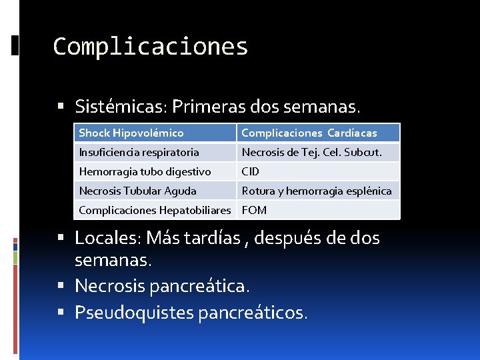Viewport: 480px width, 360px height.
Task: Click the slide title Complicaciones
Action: pos(150,47)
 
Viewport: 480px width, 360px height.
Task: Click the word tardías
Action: pos(209,237)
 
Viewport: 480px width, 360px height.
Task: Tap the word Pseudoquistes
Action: pos(134,312)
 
